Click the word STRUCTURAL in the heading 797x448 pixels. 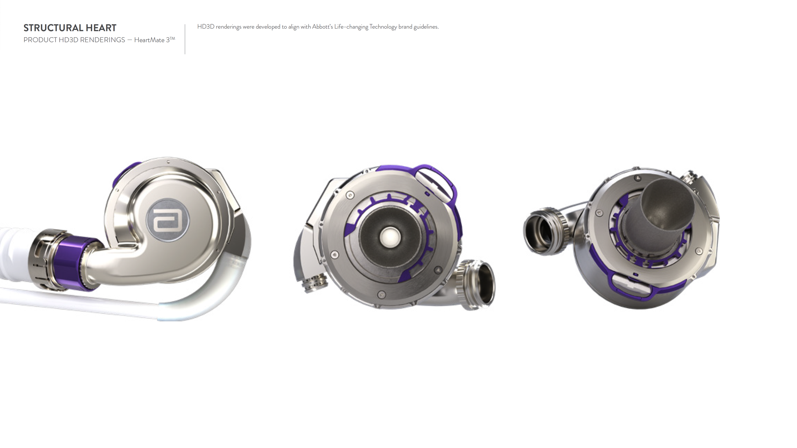[x=53, y=28]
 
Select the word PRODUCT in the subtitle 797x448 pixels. [x=40, y=40]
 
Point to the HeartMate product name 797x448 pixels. [x=149, y=40]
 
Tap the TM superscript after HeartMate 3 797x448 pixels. [x=172, y=39]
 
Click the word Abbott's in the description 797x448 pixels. [x=322, y=27]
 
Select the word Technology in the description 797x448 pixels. [x=383, y=27]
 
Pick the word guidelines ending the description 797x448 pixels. [x=426, y=27]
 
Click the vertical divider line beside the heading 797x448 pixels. [x=185, y=39]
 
